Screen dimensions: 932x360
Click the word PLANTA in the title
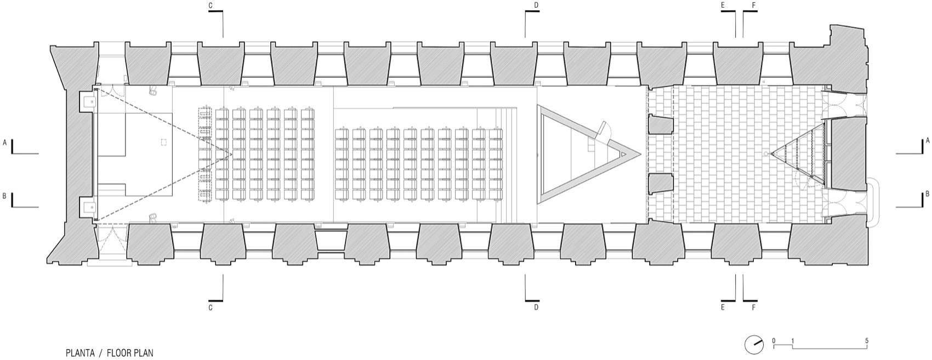pos(79,353)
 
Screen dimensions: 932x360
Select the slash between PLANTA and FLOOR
pos(100,353)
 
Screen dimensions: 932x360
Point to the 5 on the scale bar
pos(867,341)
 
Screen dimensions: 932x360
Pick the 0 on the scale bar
pos(774,341)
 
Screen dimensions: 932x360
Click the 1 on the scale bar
pos(793,341)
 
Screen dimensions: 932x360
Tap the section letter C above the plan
pos(211,5)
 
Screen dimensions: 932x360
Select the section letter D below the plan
pos(536,307)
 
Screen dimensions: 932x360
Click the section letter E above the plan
pos(723,5)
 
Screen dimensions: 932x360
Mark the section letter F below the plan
pos(753,307)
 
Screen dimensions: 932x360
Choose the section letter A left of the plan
pos(4,142)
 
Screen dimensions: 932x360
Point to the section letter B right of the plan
pos(928,193)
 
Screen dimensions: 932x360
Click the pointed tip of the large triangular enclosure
pos(640,154)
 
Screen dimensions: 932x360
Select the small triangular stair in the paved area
pos(798,154)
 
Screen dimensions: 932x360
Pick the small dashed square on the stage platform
pos(163,142)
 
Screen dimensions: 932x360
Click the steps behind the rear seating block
pos(505,166)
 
